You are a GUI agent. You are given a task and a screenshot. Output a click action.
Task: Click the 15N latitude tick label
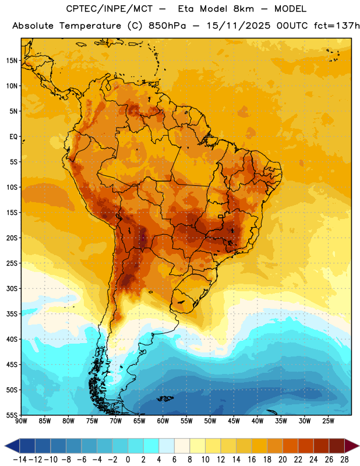tap(12, 61)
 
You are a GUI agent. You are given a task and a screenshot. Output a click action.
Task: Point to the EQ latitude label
tap(13, 137)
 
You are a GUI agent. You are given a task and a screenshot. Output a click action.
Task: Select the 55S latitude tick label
tap(12, 415)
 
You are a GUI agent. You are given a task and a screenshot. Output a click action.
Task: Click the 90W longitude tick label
tap(21, 421)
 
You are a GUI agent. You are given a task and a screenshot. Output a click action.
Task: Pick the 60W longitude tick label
tap(163, 421)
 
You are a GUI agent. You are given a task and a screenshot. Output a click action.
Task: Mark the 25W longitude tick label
tap(328, 421)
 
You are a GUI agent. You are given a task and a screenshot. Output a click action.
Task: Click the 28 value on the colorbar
tap(344, 460)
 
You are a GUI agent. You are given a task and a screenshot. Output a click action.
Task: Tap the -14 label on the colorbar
tap(20, 460)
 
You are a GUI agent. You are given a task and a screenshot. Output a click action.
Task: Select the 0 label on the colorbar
tap(128, 460)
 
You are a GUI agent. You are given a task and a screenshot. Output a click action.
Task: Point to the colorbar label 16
tap(252, 460)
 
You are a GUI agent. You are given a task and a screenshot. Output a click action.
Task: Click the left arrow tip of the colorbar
tap(5, 446)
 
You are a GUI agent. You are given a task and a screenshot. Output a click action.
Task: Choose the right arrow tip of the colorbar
tap(359, 446)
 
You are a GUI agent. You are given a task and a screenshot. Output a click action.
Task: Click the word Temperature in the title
tap(90, 26)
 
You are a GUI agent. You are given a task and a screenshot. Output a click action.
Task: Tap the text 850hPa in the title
tap(167, 26)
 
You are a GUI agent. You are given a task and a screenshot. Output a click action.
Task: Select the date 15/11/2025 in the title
tap(238, 26)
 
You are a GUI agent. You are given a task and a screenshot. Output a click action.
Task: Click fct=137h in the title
tap(337, 26)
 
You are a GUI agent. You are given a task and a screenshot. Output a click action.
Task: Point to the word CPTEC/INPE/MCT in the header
tap(110, 9)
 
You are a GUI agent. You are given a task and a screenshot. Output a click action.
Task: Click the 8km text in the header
tap(243, 9)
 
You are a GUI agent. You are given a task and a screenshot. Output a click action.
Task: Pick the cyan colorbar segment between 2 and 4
tap(151, 446)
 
